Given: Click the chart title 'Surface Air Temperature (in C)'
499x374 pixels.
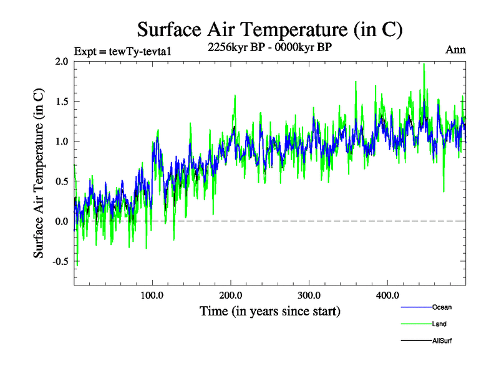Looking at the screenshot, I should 269,29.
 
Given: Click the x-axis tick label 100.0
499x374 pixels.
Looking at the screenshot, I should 152,295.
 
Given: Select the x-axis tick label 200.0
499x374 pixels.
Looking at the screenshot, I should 231,295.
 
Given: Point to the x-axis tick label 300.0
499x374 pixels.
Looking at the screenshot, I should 309,295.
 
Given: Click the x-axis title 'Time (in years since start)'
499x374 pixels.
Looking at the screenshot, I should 270,310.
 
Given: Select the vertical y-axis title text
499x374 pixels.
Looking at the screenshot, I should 39,173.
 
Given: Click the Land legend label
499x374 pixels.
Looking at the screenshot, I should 439,324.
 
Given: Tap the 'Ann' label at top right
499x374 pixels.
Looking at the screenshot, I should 455,50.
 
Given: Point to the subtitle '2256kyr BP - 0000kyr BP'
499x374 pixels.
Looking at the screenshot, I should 269,46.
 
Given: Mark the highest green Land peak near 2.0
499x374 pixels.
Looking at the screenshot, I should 424,64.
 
